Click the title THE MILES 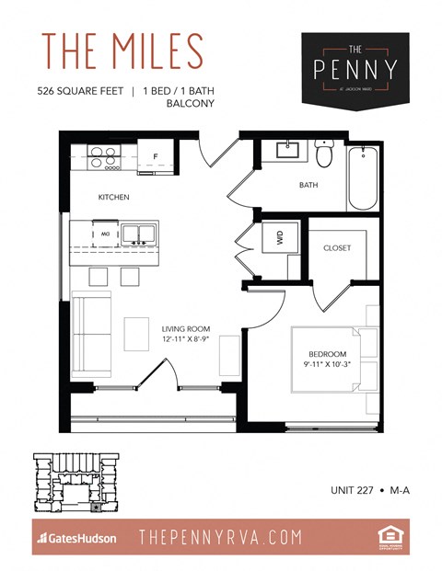click(122, 52)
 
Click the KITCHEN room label click(114, 198)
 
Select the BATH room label click(309, 185)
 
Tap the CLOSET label click(336, 247)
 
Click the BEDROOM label click(328, 354)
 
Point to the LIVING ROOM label click(186, 328)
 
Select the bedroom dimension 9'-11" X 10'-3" click(328, 365)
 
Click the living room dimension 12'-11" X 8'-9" click(186, 339)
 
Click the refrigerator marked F click(155, 156)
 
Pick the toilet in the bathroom click(324, 154)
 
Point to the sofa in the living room click(90, 334)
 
